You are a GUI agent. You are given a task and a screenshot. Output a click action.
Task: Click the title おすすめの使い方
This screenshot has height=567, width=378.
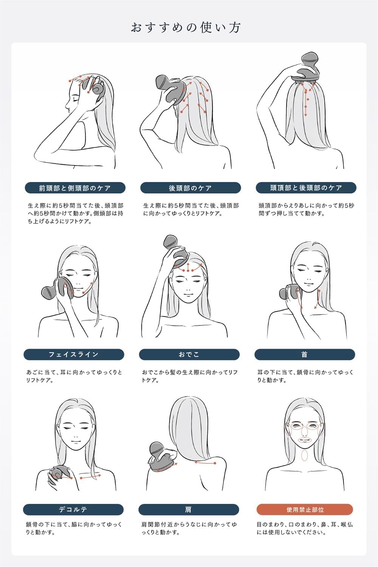(186, 28)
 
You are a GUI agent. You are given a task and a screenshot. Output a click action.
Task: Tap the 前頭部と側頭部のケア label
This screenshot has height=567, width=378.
(75, 188)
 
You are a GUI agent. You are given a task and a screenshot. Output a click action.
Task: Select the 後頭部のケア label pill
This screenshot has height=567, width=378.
(191, 188)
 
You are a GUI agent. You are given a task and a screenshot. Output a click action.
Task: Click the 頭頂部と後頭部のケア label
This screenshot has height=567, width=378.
(306, 188)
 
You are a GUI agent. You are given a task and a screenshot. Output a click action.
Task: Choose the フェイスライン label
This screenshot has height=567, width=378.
(74, 355)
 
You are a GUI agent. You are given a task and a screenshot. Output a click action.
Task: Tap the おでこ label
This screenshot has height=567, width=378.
(189, 355)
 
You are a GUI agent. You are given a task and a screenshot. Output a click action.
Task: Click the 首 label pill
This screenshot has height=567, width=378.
(305, 355)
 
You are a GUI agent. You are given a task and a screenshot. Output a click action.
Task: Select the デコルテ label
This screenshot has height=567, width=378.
(73, 509)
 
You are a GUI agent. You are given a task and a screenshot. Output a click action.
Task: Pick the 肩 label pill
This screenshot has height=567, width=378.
(189, 509)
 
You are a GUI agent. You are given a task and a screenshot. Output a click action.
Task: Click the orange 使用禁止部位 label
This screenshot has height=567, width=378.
(305, 509)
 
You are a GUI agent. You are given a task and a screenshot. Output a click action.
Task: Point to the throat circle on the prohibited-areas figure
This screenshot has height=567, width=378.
(305, 455)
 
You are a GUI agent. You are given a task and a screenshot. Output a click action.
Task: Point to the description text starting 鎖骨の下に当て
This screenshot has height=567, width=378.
(74, 528)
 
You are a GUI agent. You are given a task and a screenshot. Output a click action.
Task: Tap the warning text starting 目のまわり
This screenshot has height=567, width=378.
(305, 528)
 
